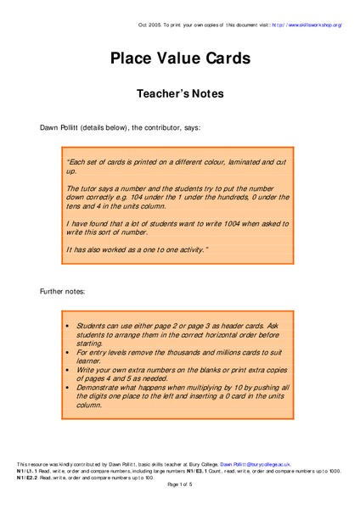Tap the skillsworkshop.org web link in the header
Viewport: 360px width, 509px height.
coord(307,25)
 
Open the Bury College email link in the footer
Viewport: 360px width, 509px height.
coord(255,465)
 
